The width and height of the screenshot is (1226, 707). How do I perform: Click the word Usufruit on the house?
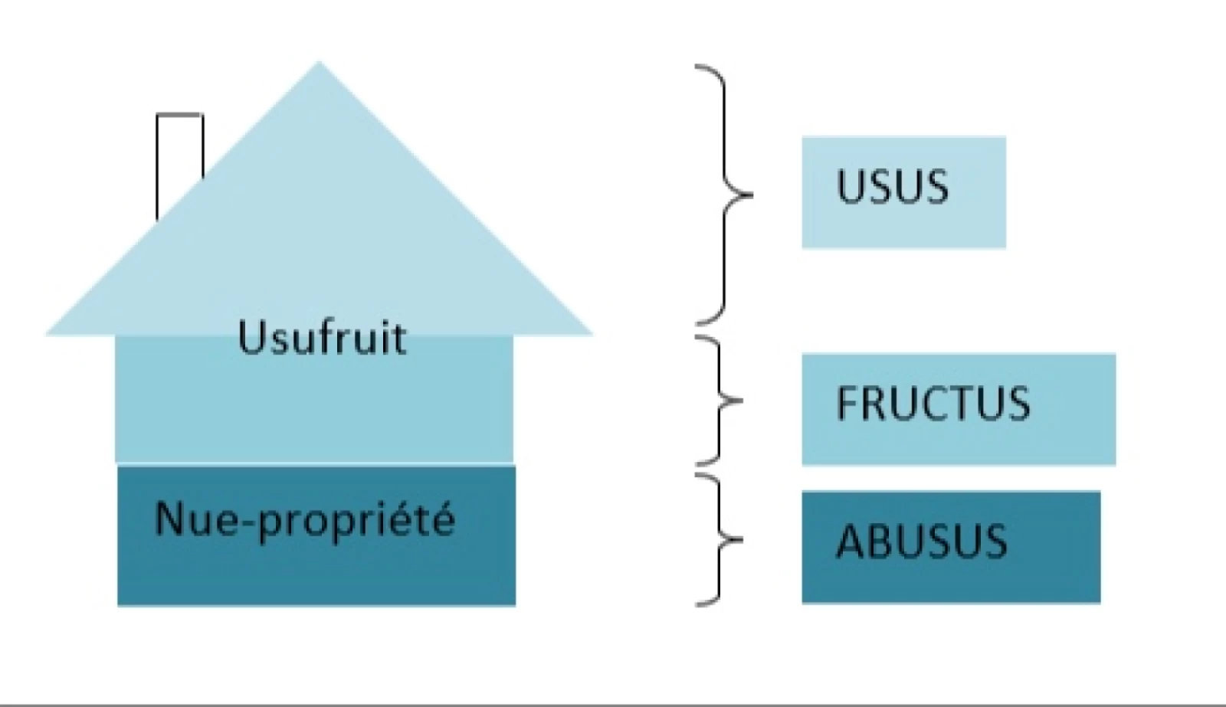(x=322, y=337)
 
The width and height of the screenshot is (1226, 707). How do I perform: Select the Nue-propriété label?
(x=304, y=519)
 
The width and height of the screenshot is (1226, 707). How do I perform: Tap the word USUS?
(x=892, y=186)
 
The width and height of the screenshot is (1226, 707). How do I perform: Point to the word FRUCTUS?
(x=933, y=404)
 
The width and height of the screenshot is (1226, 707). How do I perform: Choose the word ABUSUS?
(x=921, y=542)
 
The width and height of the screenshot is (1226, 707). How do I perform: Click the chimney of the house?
(x=179, y=153)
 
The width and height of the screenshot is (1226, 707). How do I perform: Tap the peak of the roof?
(x=320, y=66)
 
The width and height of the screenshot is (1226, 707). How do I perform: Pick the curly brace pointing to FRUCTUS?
(x=720, y=400)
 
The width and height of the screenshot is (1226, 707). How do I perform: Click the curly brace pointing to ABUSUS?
(x=720, y=539)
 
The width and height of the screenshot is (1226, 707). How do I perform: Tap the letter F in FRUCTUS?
(x=846, y=404)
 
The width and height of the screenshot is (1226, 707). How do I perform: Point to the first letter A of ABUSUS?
(x=849, y=542)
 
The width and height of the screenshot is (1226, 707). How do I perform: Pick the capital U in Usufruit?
(x=251, y=337)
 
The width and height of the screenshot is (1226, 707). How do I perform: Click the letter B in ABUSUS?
(x=877, y=542)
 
